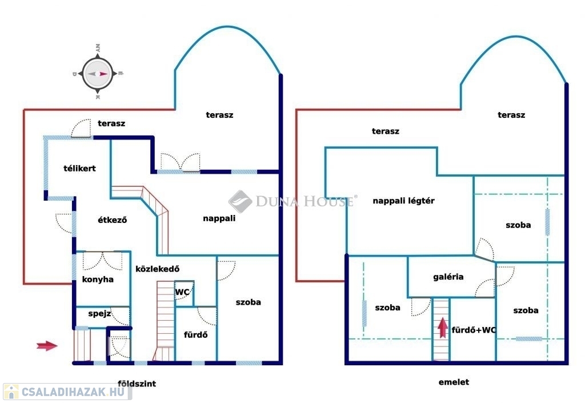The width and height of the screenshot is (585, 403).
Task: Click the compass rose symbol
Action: [x=98, y=74]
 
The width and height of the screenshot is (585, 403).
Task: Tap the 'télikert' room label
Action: [x=79, y=168]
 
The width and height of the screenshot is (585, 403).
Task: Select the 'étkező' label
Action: [x=113, y=220]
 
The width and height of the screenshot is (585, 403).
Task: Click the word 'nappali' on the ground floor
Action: [x=219, y=218]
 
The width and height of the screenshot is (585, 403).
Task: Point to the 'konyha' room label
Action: [x=98, y=280]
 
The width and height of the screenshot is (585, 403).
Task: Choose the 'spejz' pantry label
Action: [x=99, y=313]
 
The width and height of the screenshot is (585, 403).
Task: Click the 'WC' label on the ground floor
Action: [x=182, y=292]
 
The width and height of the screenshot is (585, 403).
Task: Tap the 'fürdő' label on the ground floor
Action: [x=195, y=335]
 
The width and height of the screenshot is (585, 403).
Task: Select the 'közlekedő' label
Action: [x=158, y=269]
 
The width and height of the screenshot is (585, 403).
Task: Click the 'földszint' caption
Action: [x=137, y=384]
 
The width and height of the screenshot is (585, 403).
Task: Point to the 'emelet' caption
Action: [x=454, y=382]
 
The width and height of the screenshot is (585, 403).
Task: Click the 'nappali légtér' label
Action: [x=404, y=201]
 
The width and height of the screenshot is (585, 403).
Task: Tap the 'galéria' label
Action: [x=448, y=277]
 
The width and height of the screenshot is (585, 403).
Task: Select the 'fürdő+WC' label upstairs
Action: [x=474, y=330]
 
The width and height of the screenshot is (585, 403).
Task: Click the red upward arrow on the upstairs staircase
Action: [x=443, y=327]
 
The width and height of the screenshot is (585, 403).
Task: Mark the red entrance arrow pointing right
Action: [x=47, y=346]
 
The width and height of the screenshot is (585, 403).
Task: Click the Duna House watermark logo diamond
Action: [x=240, y=201]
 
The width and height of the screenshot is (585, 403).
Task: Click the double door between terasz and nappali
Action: [x=180, y=163]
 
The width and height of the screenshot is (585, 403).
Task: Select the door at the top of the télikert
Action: [x=81, y=129]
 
